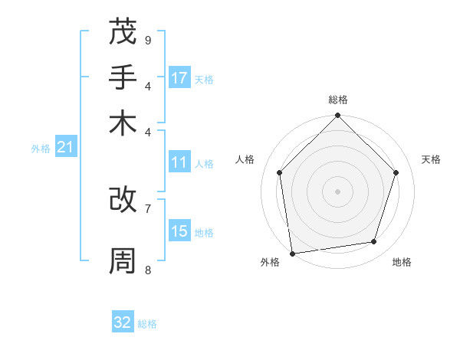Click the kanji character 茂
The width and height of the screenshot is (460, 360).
123,33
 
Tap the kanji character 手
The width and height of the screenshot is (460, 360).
123,77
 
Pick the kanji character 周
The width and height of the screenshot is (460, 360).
123,261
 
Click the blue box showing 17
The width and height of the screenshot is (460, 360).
179,78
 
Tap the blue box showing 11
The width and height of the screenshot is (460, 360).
179,162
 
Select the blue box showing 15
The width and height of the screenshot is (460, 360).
179,231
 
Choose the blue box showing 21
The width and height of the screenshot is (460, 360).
65,147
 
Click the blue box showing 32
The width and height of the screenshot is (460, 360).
123,322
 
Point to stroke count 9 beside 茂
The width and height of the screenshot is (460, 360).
148,40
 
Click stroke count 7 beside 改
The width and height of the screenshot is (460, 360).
148,208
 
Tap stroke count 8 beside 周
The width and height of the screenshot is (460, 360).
148,270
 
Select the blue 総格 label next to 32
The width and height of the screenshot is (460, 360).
147,324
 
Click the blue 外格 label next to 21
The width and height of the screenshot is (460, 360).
41,149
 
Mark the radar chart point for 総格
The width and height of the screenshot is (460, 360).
337,116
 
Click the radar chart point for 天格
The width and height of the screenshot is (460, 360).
396,172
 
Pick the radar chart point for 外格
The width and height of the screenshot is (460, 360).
292,254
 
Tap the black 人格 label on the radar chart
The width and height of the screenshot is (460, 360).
245,159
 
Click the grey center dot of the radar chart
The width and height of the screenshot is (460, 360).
337,191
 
